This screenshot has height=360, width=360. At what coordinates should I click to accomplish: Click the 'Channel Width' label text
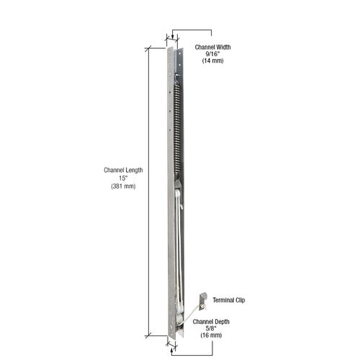(x=212, y=47)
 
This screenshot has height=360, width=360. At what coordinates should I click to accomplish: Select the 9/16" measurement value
(x=212, y=54)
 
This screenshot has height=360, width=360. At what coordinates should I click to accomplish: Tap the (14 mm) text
(x=212, y=60)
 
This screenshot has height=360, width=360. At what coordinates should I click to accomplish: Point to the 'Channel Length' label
(x=123, y=170)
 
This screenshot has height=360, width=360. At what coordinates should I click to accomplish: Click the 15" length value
(x=123, y=179)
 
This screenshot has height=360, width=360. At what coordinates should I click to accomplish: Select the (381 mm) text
(x=123, y=186)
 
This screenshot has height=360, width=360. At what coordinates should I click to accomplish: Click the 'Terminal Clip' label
(x=229, y=300)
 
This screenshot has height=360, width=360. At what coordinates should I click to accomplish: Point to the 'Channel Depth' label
(x=211, y=322)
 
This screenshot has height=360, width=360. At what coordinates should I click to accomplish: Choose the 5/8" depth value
(x=211, y=328)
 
